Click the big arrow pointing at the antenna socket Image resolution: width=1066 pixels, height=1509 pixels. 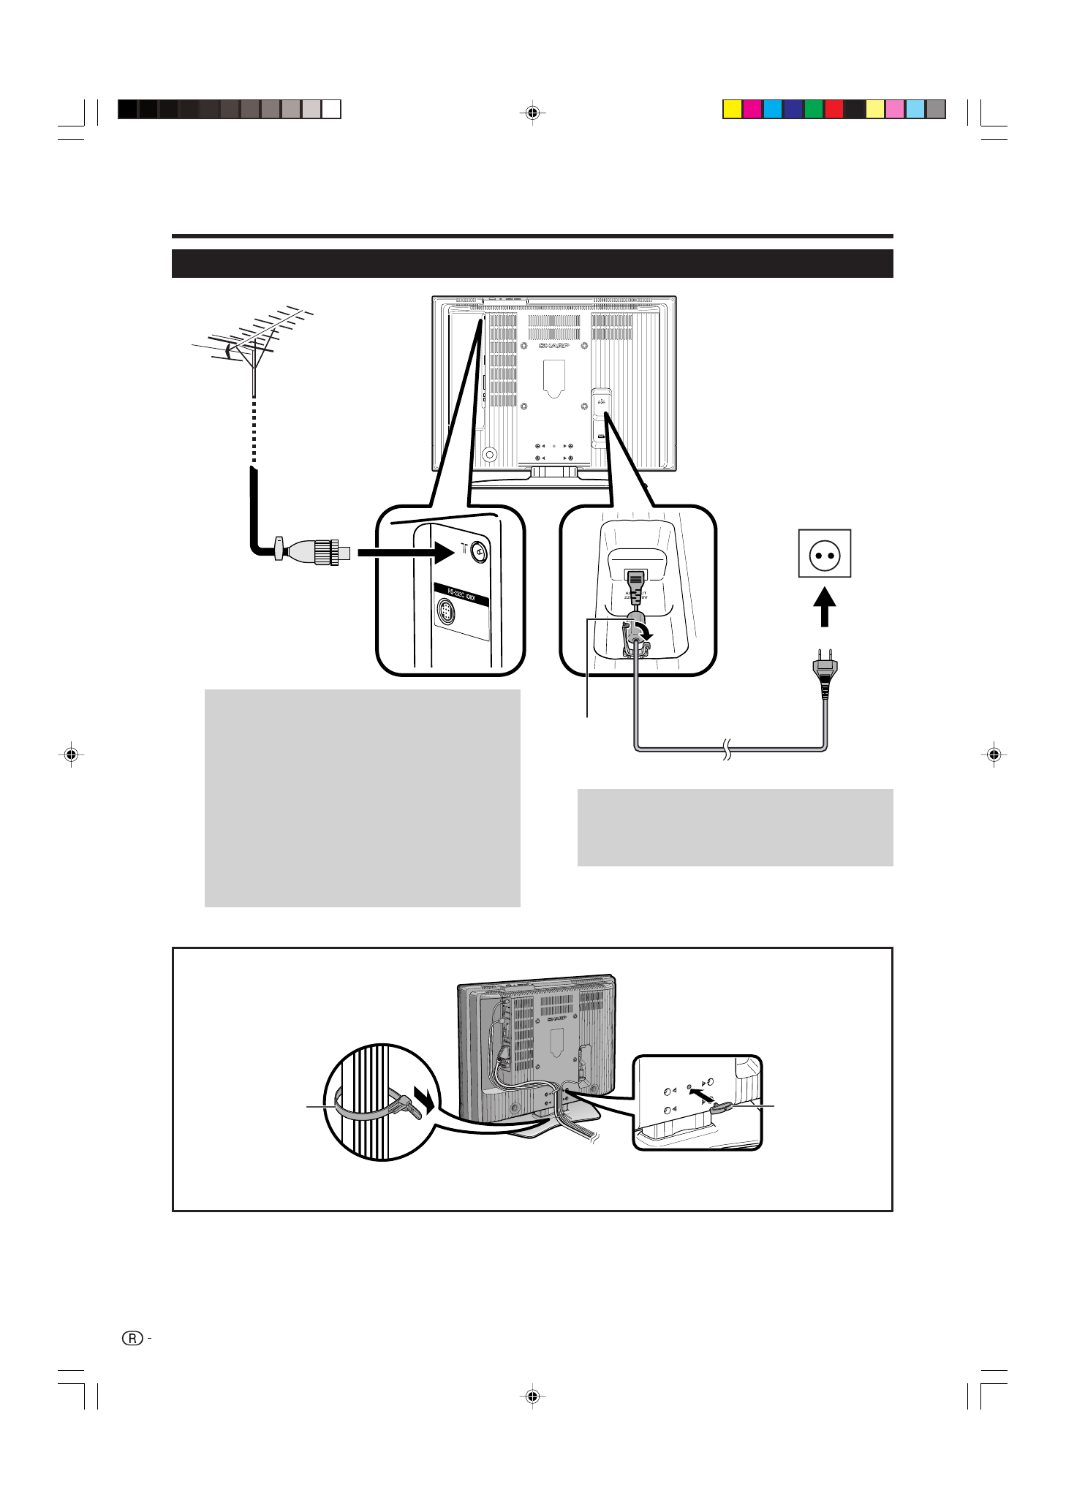point(407,551)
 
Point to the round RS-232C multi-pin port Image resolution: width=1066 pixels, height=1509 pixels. point(446,611)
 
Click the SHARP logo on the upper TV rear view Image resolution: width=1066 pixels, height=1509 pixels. point(553,345)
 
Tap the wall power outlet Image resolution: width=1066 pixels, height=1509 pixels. point(824,554)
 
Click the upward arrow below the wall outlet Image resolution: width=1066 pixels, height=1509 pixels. point(824,607)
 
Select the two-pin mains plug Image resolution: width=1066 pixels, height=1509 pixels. point(825,673)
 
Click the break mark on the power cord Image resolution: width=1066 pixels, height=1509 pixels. point(727,749)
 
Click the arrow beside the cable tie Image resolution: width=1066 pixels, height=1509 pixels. point(423,1097)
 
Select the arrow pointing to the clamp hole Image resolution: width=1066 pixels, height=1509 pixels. point(703,1097)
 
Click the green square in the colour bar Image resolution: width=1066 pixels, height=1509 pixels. point(814,110)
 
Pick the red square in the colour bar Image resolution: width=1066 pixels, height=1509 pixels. point(834,110)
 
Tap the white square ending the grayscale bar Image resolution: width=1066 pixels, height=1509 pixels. point(332,110)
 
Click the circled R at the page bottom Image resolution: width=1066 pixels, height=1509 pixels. point(132,1339)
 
